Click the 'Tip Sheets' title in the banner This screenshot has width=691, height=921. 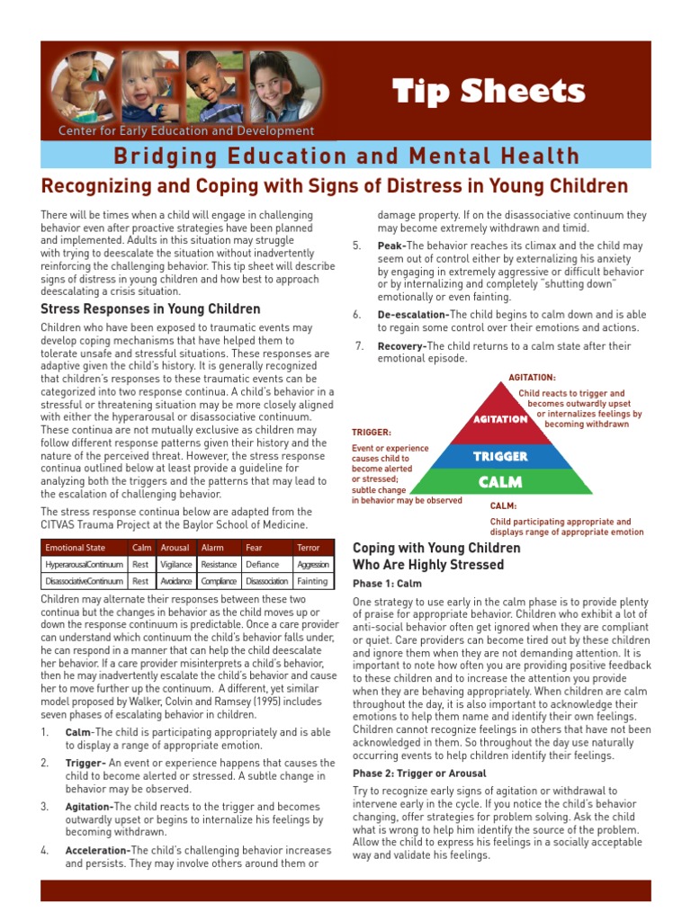pyautogui.click(x=489, y=91)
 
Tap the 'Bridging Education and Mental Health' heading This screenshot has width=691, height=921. pyautogui.click(x=346, y=156)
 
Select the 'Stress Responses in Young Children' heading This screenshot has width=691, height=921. pyautogui.click(x=150, y=308)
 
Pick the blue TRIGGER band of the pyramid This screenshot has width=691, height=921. pyautogui.click(x=501, y=456)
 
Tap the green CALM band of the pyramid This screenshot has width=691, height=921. pyautogui.click(x=500, y=482)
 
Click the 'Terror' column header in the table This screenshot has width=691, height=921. pyautogui.click(x=308, y=547)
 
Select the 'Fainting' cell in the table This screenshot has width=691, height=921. pyautogui.click(x=312, y=581)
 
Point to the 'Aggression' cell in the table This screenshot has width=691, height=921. pyautogui.click(x=312, y=564)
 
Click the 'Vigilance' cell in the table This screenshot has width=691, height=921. pyautogui.click(x=175, y=564)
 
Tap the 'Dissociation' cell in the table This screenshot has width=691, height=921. pyautogui.click(x=266, y=581)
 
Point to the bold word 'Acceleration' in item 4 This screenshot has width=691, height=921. pyautogui.click(x=96, y=850)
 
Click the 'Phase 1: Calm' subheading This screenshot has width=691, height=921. pyautogui.click(x=387, y=583)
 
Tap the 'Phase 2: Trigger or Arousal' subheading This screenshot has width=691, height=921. pyautogui.click(x=419, y=773)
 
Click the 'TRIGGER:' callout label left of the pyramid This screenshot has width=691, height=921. pyautogui.click(x=371, y=433)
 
